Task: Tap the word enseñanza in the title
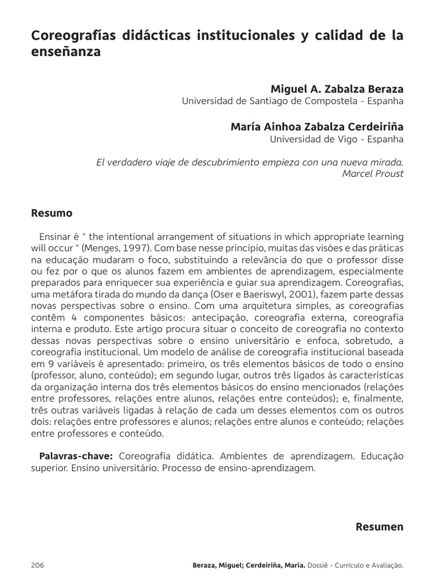66,53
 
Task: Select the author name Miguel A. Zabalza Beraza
337,89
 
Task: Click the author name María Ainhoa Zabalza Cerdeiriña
317,127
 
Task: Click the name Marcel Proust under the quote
373,173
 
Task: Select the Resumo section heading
51,214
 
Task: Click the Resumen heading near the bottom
379,527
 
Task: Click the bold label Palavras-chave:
76,456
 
